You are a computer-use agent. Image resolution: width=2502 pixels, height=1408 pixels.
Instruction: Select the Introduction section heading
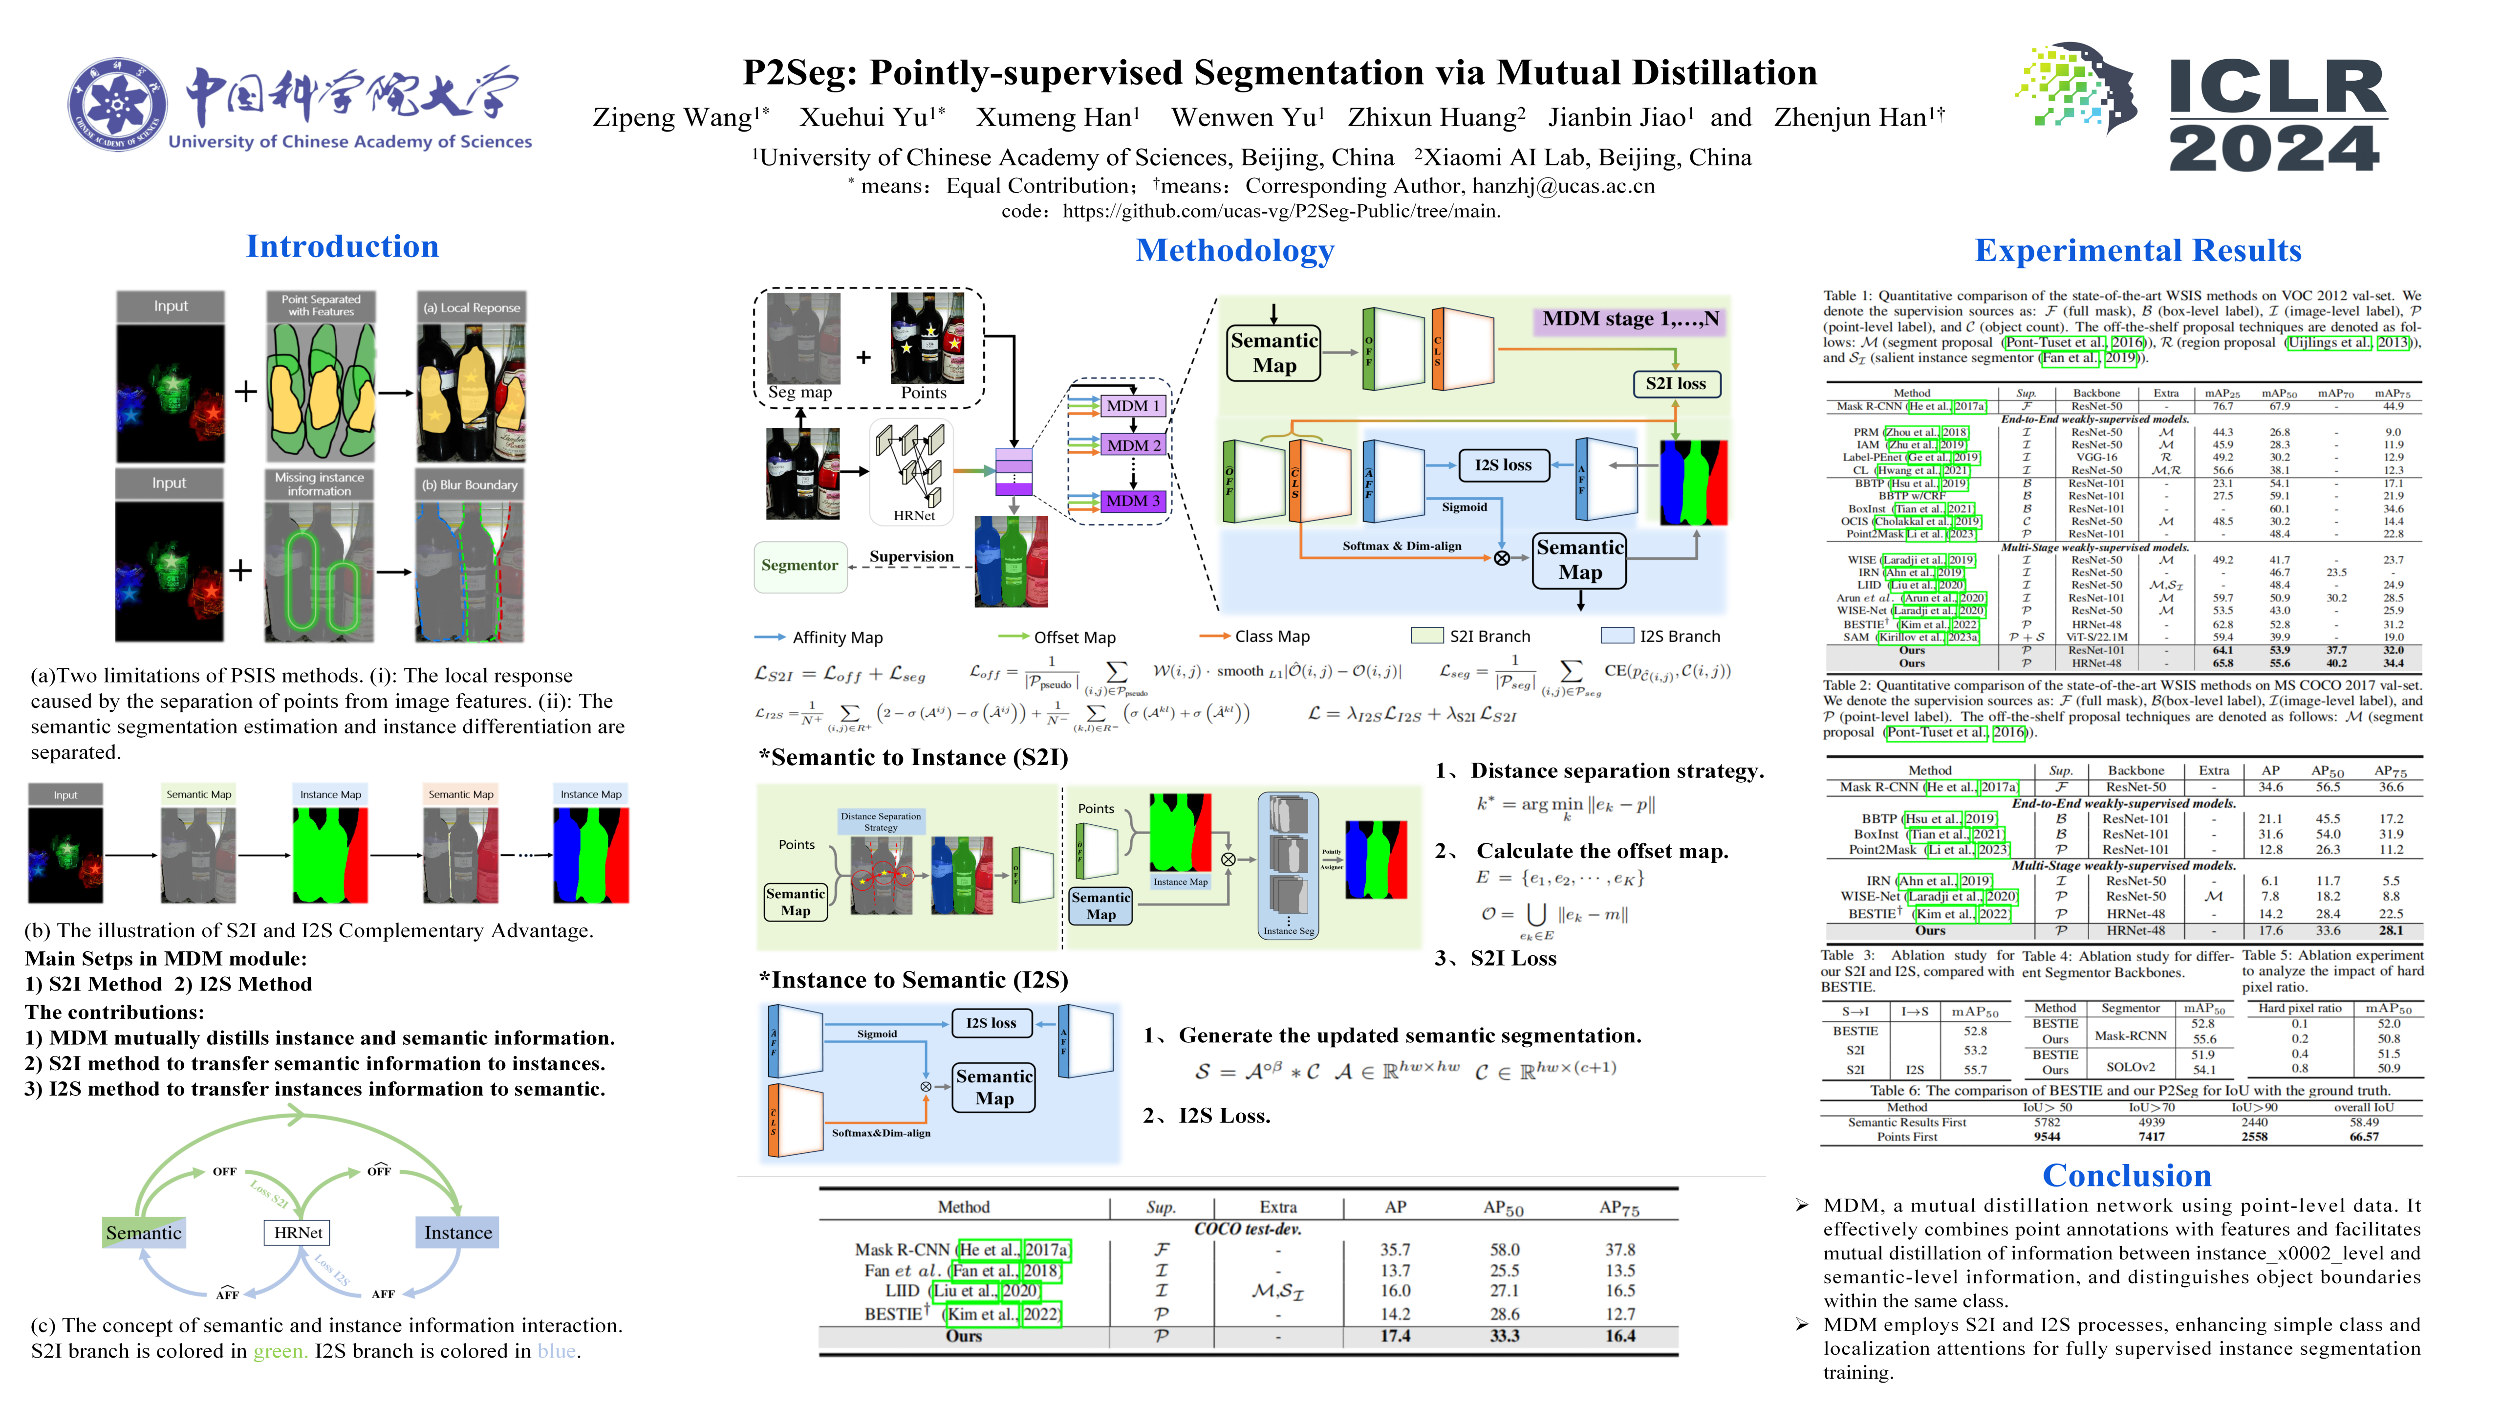tap(342, 247)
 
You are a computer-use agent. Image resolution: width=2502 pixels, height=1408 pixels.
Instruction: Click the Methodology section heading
tap(1234, 251)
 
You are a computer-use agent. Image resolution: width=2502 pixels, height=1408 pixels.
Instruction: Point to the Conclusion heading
tap(2126, 1175)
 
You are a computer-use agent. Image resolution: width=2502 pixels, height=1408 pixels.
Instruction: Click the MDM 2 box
tap(1134, 445)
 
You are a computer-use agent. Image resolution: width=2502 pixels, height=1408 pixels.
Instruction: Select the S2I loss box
tap(1676, 384)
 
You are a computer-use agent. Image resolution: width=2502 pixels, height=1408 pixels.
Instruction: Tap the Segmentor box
tap(799, 566)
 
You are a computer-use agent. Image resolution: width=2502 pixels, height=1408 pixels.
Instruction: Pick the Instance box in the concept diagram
tap(457, 1232)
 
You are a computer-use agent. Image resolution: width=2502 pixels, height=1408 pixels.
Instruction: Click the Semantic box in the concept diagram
tap(144, 1232)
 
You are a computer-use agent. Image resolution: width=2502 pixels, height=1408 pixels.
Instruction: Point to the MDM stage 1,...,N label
tap(1630, 319)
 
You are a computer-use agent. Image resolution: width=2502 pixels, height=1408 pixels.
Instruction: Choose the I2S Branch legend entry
tap(1679, 637)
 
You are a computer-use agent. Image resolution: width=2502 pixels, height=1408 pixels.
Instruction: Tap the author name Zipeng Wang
tap(672, 117)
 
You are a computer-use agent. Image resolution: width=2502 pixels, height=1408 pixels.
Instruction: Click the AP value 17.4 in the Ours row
tap(1395, 1336)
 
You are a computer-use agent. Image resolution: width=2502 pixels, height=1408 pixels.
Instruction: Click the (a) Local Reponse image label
tap(471, 308)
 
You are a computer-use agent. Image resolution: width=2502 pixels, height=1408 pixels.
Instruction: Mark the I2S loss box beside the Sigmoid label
tap(1503, 465)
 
